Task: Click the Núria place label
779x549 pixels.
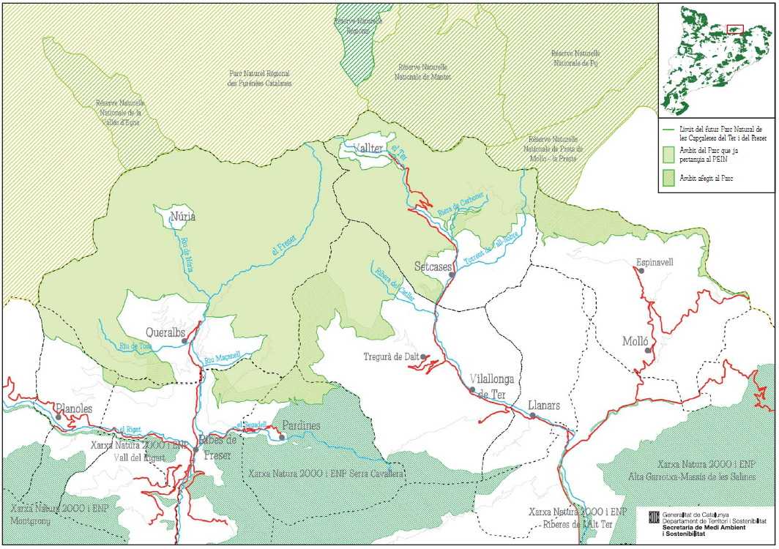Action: pos(183,217)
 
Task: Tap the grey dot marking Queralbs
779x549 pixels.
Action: pos(185,341)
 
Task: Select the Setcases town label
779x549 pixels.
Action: pos(432,266)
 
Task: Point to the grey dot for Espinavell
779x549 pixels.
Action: pos(642,271)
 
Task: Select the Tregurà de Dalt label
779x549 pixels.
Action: pos(391,356)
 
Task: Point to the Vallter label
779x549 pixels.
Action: pos(368,149)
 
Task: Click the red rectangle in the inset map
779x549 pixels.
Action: pos(734,29)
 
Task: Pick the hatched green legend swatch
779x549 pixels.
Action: pos(668,178)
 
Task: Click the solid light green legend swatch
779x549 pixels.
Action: pos(668,154)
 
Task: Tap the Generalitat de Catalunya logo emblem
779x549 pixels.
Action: pos(654,518)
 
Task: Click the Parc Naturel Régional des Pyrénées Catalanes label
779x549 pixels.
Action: pos(260,78)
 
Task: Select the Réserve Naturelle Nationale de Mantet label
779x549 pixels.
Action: pos(422,71)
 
